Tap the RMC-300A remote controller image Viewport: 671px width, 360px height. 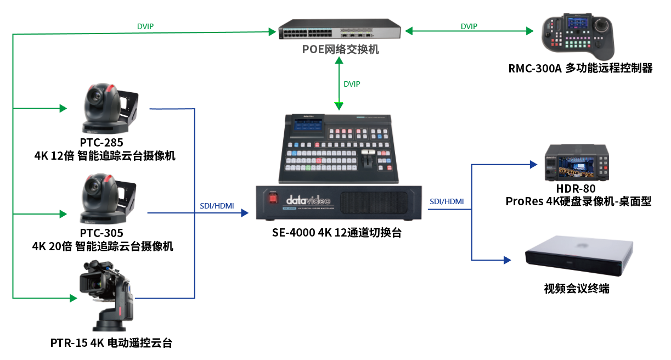pyautogui.click(x=579, y=37)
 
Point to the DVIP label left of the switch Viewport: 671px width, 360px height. pyautogui.click(x=145, y=26)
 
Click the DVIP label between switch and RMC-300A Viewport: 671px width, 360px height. pyautogui.click(x=469, y=26)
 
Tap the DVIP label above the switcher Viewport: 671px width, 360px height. pyautogui.click(x=352, y=84)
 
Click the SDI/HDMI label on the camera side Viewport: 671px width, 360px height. pyautogui.click(x=217, y=206)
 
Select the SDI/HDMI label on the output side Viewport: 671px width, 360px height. pyautogui.click(x=447, y=201)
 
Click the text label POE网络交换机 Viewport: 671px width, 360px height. pyautogui.click(x=340, y=49)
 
